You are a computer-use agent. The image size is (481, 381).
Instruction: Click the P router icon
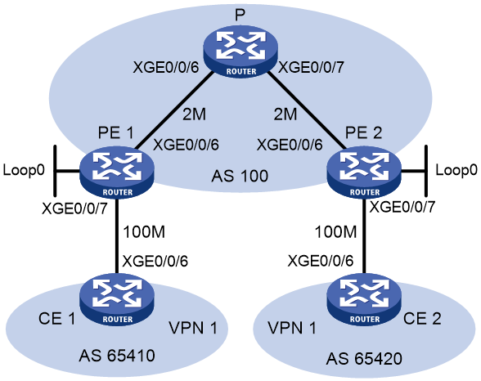click(240, 52)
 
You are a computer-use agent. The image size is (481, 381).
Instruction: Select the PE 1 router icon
click(116, 173)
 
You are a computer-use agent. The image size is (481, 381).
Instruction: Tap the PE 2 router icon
click(365, 173)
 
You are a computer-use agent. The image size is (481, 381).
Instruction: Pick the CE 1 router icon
click(116, 299)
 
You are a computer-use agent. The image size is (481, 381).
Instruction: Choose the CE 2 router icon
click(365, 299)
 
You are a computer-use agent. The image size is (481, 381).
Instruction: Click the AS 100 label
click(240, 177)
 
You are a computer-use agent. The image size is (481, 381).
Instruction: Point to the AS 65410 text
click(117, 356)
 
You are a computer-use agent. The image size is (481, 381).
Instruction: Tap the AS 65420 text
click(364, 359)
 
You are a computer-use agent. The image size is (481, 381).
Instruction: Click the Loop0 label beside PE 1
click(24, 170)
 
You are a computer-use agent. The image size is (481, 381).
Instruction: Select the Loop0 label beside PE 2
click(456, 170)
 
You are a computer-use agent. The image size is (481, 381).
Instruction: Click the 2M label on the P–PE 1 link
click(194, 114)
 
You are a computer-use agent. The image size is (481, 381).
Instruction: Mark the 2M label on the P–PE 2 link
click(285, 114)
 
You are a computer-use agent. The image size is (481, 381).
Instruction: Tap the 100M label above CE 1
click(144, 232)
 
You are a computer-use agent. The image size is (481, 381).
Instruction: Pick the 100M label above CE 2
click(336, 232)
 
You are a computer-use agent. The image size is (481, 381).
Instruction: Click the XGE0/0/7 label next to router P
click(311, 67)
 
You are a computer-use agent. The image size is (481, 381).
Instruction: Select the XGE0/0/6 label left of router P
click(166, 67)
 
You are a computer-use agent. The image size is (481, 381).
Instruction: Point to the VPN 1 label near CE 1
click(193, 328)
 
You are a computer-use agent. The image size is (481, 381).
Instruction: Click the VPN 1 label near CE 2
click(292, 328)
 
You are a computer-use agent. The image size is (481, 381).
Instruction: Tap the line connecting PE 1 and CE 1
click(117, 235)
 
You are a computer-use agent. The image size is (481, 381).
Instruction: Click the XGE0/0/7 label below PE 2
click(402, 208)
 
